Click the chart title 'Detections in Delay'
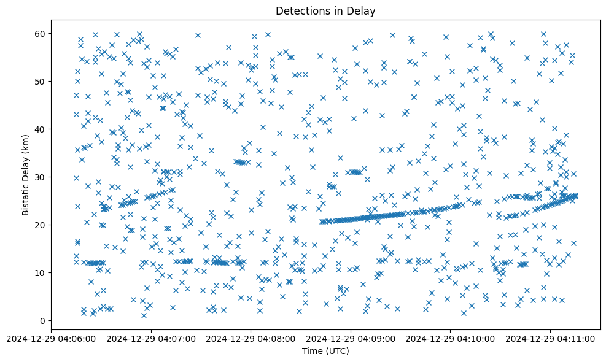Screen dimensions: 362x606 pos(325,10)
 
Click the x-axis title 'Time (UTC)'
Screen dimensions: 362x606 pos(325,351)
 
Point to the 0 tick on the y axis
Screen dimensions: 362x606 pos(42,320)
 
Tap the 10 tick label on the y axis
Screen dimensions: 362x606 pos(41,272)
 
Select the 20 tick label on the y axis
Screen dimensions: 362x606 pos(41,225)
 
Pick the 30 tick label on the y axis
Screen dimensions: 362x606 pos(41,177)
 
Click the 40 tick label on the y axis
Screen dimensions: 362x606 pos(41,129)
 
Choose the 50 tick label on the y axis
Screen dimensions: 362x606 pos(41,81)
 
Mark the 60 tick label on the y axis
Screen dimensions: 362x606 pos(41,33)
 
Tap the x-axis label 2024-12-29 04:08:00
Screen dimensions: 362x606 pos(251,337)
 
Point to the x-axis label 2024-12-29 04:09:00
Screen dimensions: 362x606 pos(351,337)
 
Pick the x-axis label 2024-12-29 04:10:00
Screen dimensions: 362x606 pos(451,337)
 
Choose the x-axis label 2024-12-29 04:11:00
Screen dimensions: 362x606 pos(551,337)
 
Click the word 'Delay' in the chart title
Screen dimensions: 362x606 pos(363,10)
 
